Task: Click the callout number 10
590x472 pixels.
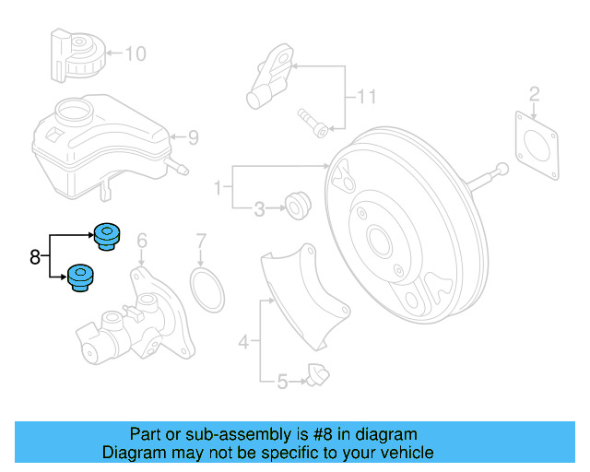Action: point(135,54)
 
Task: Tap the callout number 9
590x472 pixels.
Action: point(193,138)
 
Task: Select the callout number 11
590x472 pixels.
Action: point(368,97)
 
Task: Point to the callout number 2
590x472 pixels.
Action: point(534,92)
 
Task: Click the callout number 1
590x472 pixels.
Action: point(218,189)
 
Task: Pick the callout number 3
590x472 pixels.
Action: point(259,210)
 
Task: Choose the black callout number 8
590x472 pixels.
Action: point(35,257)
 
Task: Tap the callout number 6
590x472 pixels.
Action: point(142,242)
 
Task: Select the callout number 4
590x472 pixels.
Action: point(243,343)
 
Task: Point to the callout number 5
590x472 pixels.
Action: point(283,379)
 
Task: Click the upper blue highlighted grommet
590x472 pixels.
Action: point(108,236)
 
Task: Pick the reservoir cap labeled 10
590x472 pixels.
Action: point(75,55)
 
